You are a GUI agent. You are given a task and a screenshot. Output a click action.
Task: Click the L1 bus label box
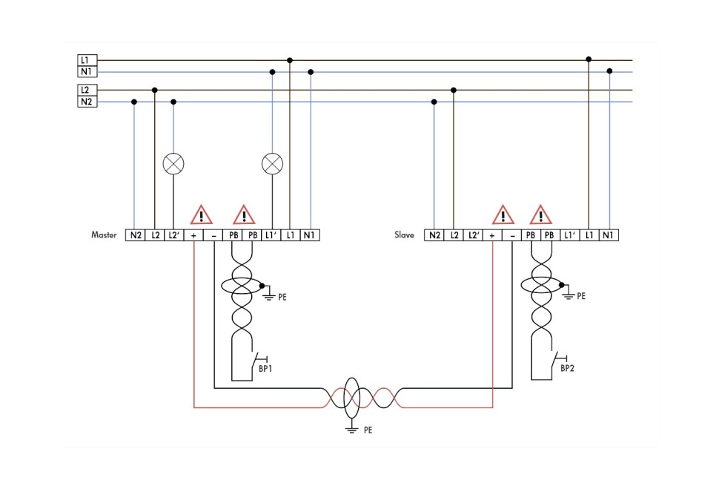(x=87, y=60)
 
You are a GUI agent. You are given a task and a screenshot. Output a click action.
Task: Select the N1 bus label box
(x=87, y=72)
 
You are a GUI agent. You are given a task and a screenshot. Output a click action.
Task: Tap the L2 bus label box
(x=87, y=90)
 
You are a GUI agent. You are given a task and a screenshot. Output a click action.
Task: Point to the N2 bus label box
(x=87, y=102)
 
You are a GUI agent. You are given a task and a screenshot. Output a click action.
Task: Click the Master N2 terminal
(x=136, y=235)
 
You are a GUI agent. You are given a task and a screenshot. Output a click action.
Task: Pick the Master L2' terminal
(x=174, y=235)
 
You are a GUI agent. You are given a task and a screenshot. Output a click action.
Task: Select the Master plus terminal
(x=193, y=235)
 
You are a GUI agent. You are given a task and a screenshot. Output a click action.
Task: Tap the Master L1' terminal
(x=271, y=235)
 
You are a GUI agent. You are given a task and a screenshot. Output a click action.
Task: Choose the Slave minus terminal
(x=511, y=235)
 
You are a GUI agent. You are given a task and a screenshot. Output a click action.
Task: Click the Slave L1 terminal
(x=589, y=235)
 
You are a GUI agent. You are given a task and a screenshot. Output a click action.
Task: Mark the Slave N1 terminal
(x=609, y=235)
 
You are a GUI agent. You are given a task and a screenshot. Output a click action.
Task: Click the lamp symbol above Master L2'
(x=173, y=164)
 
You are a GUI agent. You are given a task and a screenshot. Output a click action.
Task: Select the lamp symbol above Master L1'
(x=273, y=164)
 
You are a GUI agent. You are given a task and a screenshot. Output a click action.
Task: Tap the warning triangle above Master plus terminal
(x=201, y=215)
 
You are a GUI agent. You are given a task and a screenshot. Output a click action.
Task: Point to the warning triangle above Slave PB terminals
(x=540, y=215)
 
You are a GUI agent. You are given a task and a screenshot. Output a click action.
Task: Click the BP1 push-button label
(x=265, y=368)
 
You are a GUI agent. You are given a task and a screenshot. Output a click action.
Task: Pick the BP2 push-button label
(x=567, y=368)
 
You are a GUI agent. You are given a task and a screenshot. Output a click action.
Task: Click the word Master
(x=105, y=235)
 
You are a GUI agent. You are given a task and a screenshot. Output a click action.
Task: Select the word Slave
(x=404, y=235)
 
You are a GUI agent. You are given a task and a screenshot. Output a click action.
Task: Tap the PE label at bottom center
(x=368, y=430)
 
